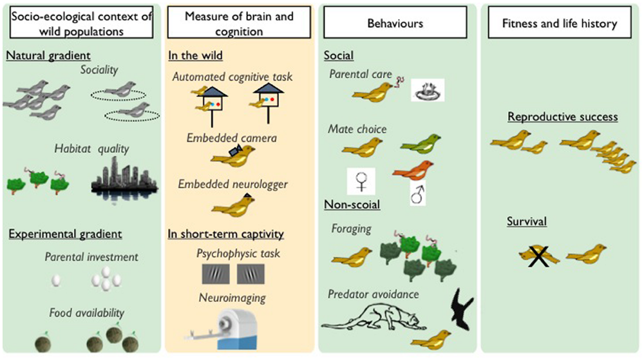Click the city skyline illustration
[x=124, y=175]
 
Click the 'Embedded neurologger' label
[x=233, y=185]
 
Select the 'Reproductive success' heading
[x=563, y=117]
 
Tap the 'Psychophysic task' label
[x=238, y=253]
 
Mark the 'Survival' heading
[x=527, y=222]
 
